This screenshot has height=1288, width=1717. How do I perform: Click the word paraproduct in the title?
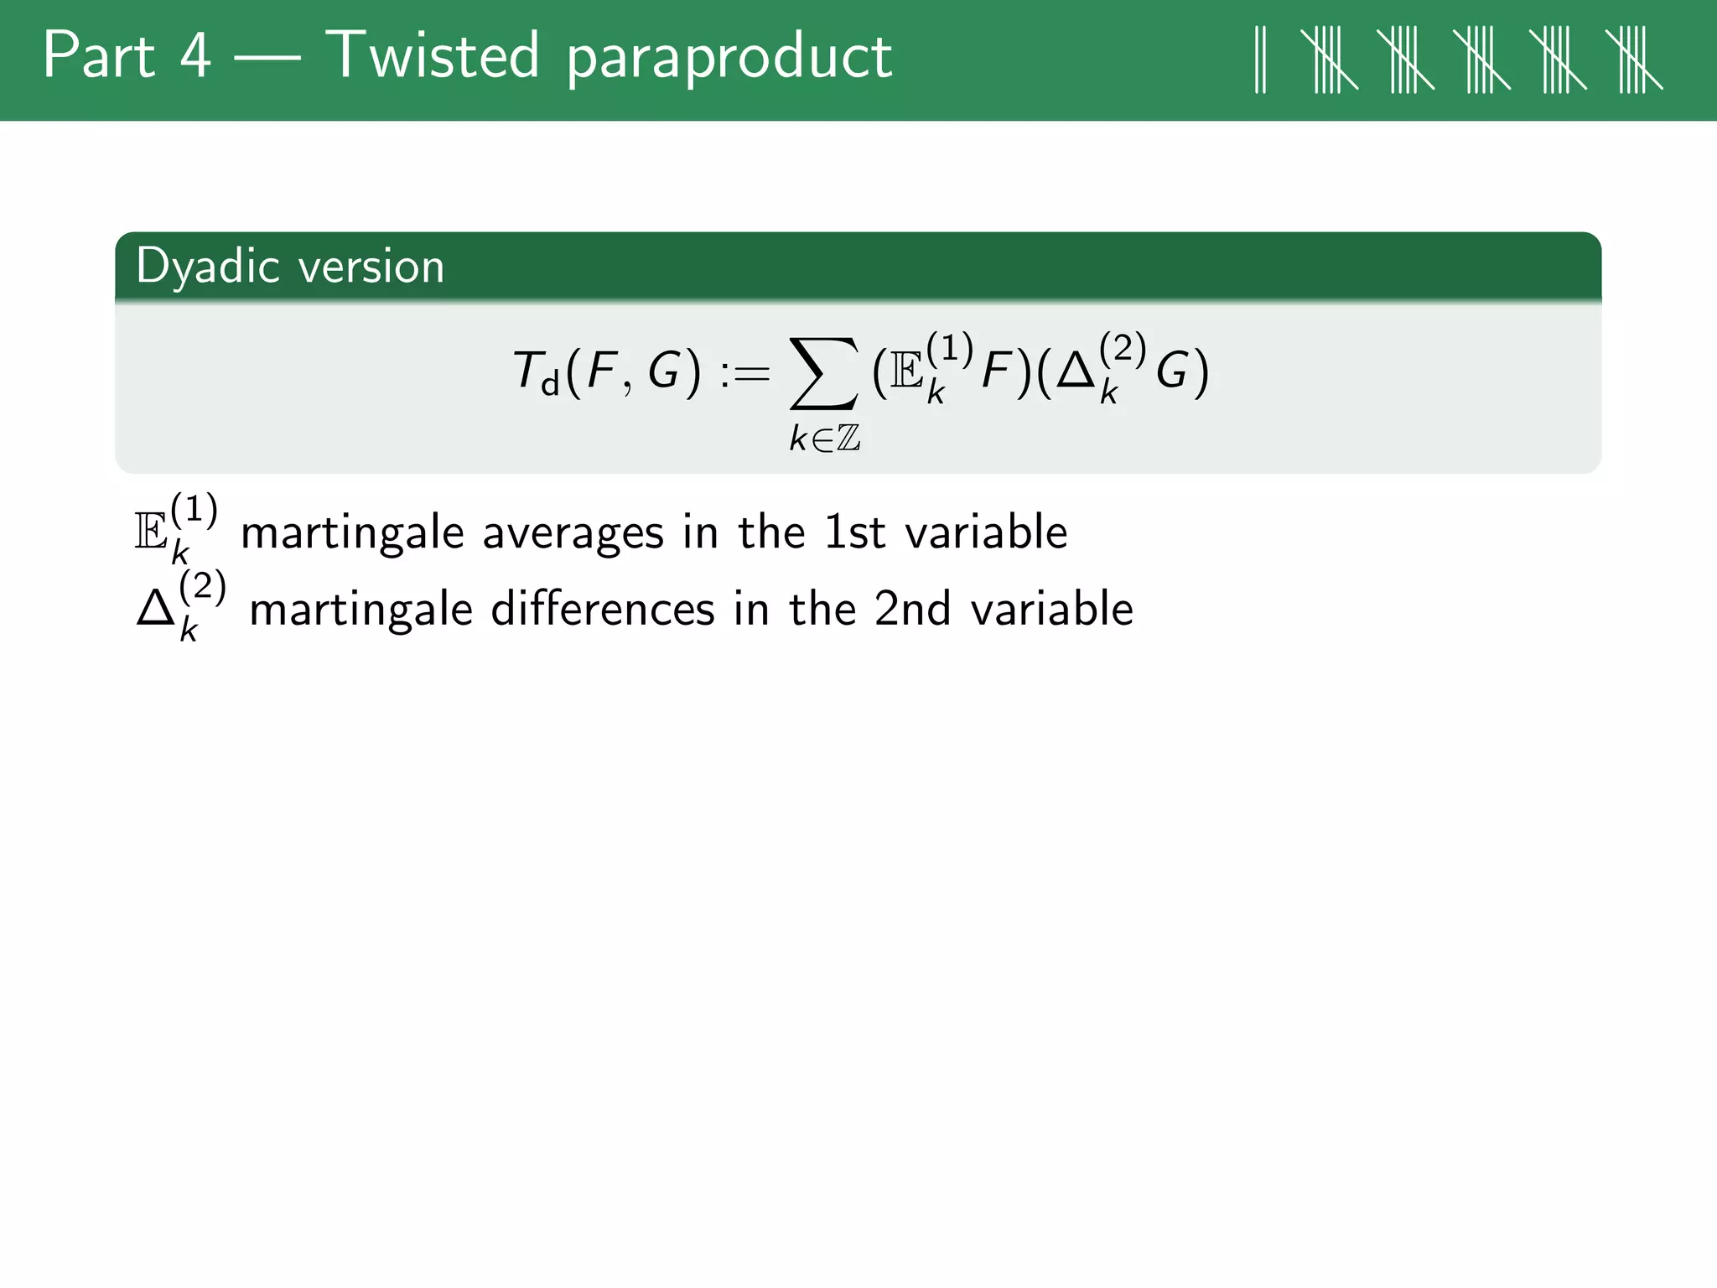coord(729,59)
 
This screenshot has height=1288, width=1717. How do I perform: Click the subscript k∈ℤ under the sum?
coord(824,438)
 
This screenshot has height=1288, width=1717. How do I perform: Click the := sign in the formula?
coord(744,373)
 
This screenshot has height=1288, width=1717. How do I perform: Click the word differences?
coord(602,610)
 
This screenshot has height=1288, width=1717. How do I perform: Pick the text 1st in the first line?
coord(854,533)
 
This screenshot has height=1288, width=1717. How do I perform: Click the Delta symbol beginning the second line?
coord(155,610)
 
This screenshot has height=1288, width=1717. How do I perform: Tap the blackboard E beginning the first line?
coord(152,533)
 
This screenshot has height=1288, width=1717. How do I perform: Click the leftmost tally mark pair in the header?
coord(1260,59)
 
